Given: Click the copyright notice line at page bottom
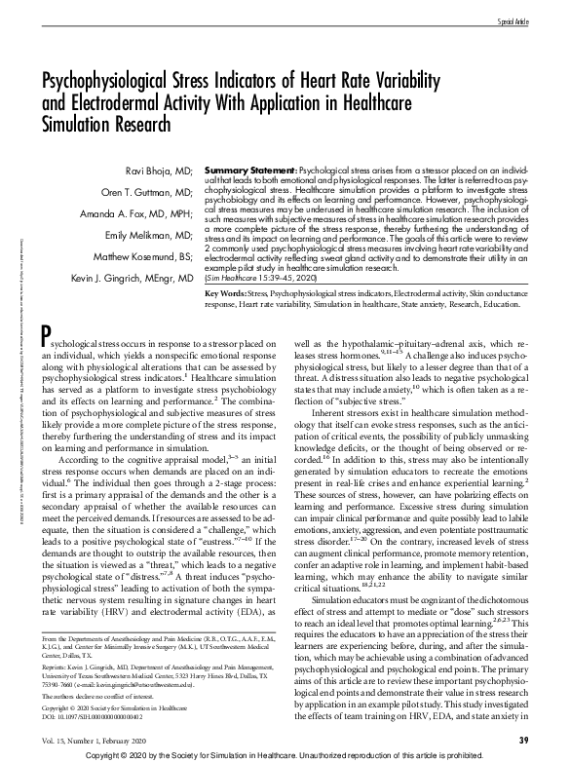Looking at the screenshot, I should [285, 755].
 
